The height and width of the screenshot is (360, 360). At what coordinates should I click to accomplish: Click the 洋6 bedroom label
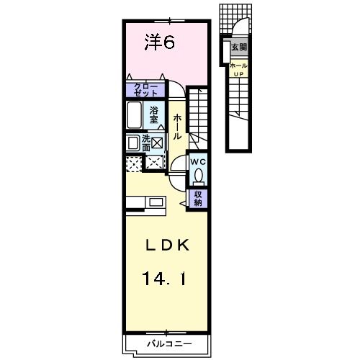point(160,43)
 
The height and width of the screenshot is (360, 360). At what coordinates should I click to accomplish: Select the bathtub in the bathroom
point(135,114)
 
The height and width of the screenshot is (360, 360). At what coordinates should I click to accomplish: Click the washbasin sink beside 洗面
point(132,143)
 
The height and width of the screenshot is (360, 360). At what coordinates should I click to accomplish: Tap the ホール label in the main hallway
point(177,126)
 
